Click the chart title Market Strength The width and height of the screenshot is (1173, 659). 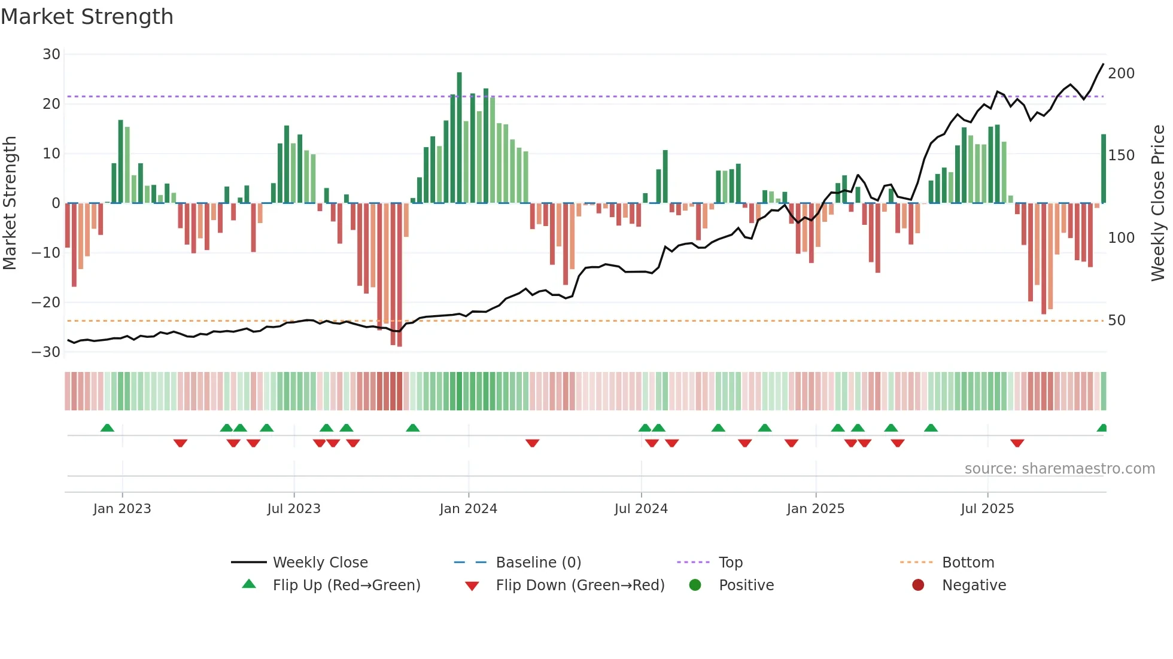point(87,17)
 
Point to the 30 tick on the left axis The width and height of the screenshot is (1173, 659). point(51,54)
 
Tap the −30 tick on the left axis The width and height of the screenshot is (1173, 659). point(47,352)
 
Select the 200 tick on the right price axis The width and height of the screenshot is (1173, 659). point(1121,74)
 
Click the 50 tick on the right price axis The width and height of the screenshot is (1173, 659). point(1117,321)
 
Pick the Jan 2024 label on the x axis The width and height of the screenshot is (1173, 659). point(468,509)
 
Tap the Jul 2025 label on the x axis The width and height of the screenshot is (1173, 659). point(987,509)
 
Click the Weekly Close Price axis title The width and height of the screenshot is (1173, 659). point(1158,203)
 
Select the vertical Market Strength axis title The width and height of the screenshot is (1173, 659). point(10,203)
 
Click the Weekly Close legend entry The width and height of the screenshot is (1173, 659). point(320,563)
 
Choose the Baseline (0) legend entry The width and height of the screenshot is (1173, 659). point(538,563)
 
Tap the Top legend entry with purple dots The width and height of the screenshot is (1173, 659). point(730,563)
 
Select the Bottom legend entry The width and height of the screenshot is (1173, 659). point(968,563)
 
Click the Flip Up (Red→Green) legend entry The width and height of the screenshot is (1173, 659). point(347,585)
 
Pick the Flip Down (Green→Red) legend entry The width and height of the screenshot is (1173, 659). point(580,585)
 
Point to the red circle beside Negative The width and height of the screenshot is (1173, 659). point(918,585)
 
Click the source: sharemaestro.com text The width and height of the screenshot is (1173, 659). point(1059,469)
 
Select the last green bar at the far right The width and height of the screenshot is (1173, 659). point(1104,169)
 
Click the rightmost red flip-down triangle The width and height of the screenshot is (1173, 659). point(1017,443)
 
